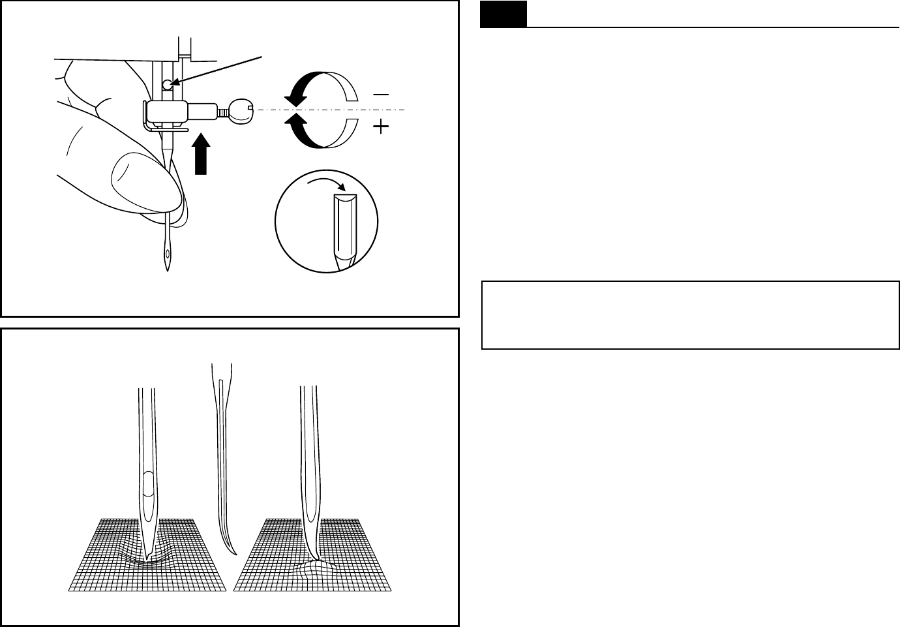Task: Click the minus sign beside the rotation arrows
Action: [x=381, y=95]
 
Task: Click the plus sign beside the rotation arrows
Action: [x=381, y=128]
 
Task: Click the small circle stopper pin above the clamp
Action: [x=168, y=84]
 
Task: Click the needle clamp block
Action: [x=167, y=112]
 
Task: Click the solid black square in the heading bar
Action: [x=503, y=14]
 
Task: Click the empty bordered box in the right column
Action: [x=690, y=315]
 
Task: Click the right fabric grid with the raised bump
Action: [x=352, y=568]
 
